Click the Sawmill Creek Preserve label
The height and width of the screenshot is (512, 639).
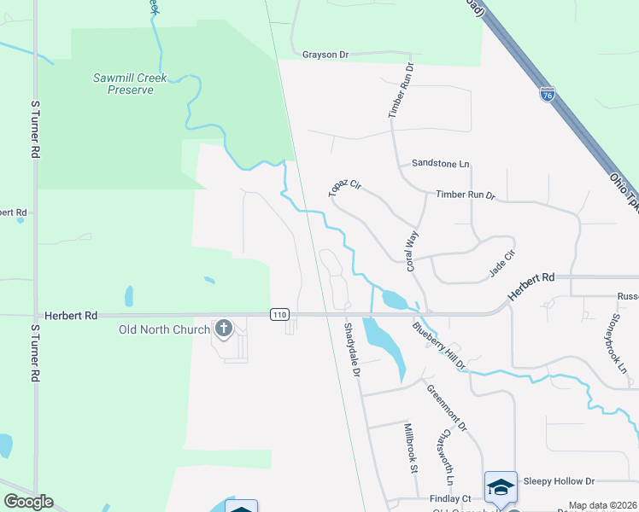(x=124, y=84)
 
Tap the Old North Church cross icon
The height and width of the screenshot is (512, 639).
(x=224, y=329)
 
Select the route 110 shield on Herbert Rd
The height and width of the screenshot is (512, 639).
(x=279, y=315)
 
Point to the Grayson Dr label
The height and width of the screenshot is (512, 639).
(x=326, y=55)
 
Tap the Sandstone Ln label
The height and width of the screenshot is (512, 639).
(x=441, y=163)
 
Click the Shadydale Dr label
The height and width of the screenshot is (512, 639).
(x=353, y=350)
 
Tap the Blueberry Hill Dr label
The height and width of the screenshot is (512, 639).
(x=438, y=346)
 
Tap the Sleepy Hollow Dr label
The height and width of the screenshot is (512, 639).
(x=559, y=481)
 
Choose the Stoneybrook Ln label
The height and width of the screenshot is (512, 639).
(x=620, y=349)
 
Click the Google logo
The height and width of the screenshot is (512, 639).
(x=28, y=502)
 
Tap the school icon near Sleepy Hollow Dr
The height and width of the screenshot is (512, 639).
(x=501, y=486)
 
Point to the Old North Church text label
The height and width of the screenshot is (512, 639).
(x=164, y=329)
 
